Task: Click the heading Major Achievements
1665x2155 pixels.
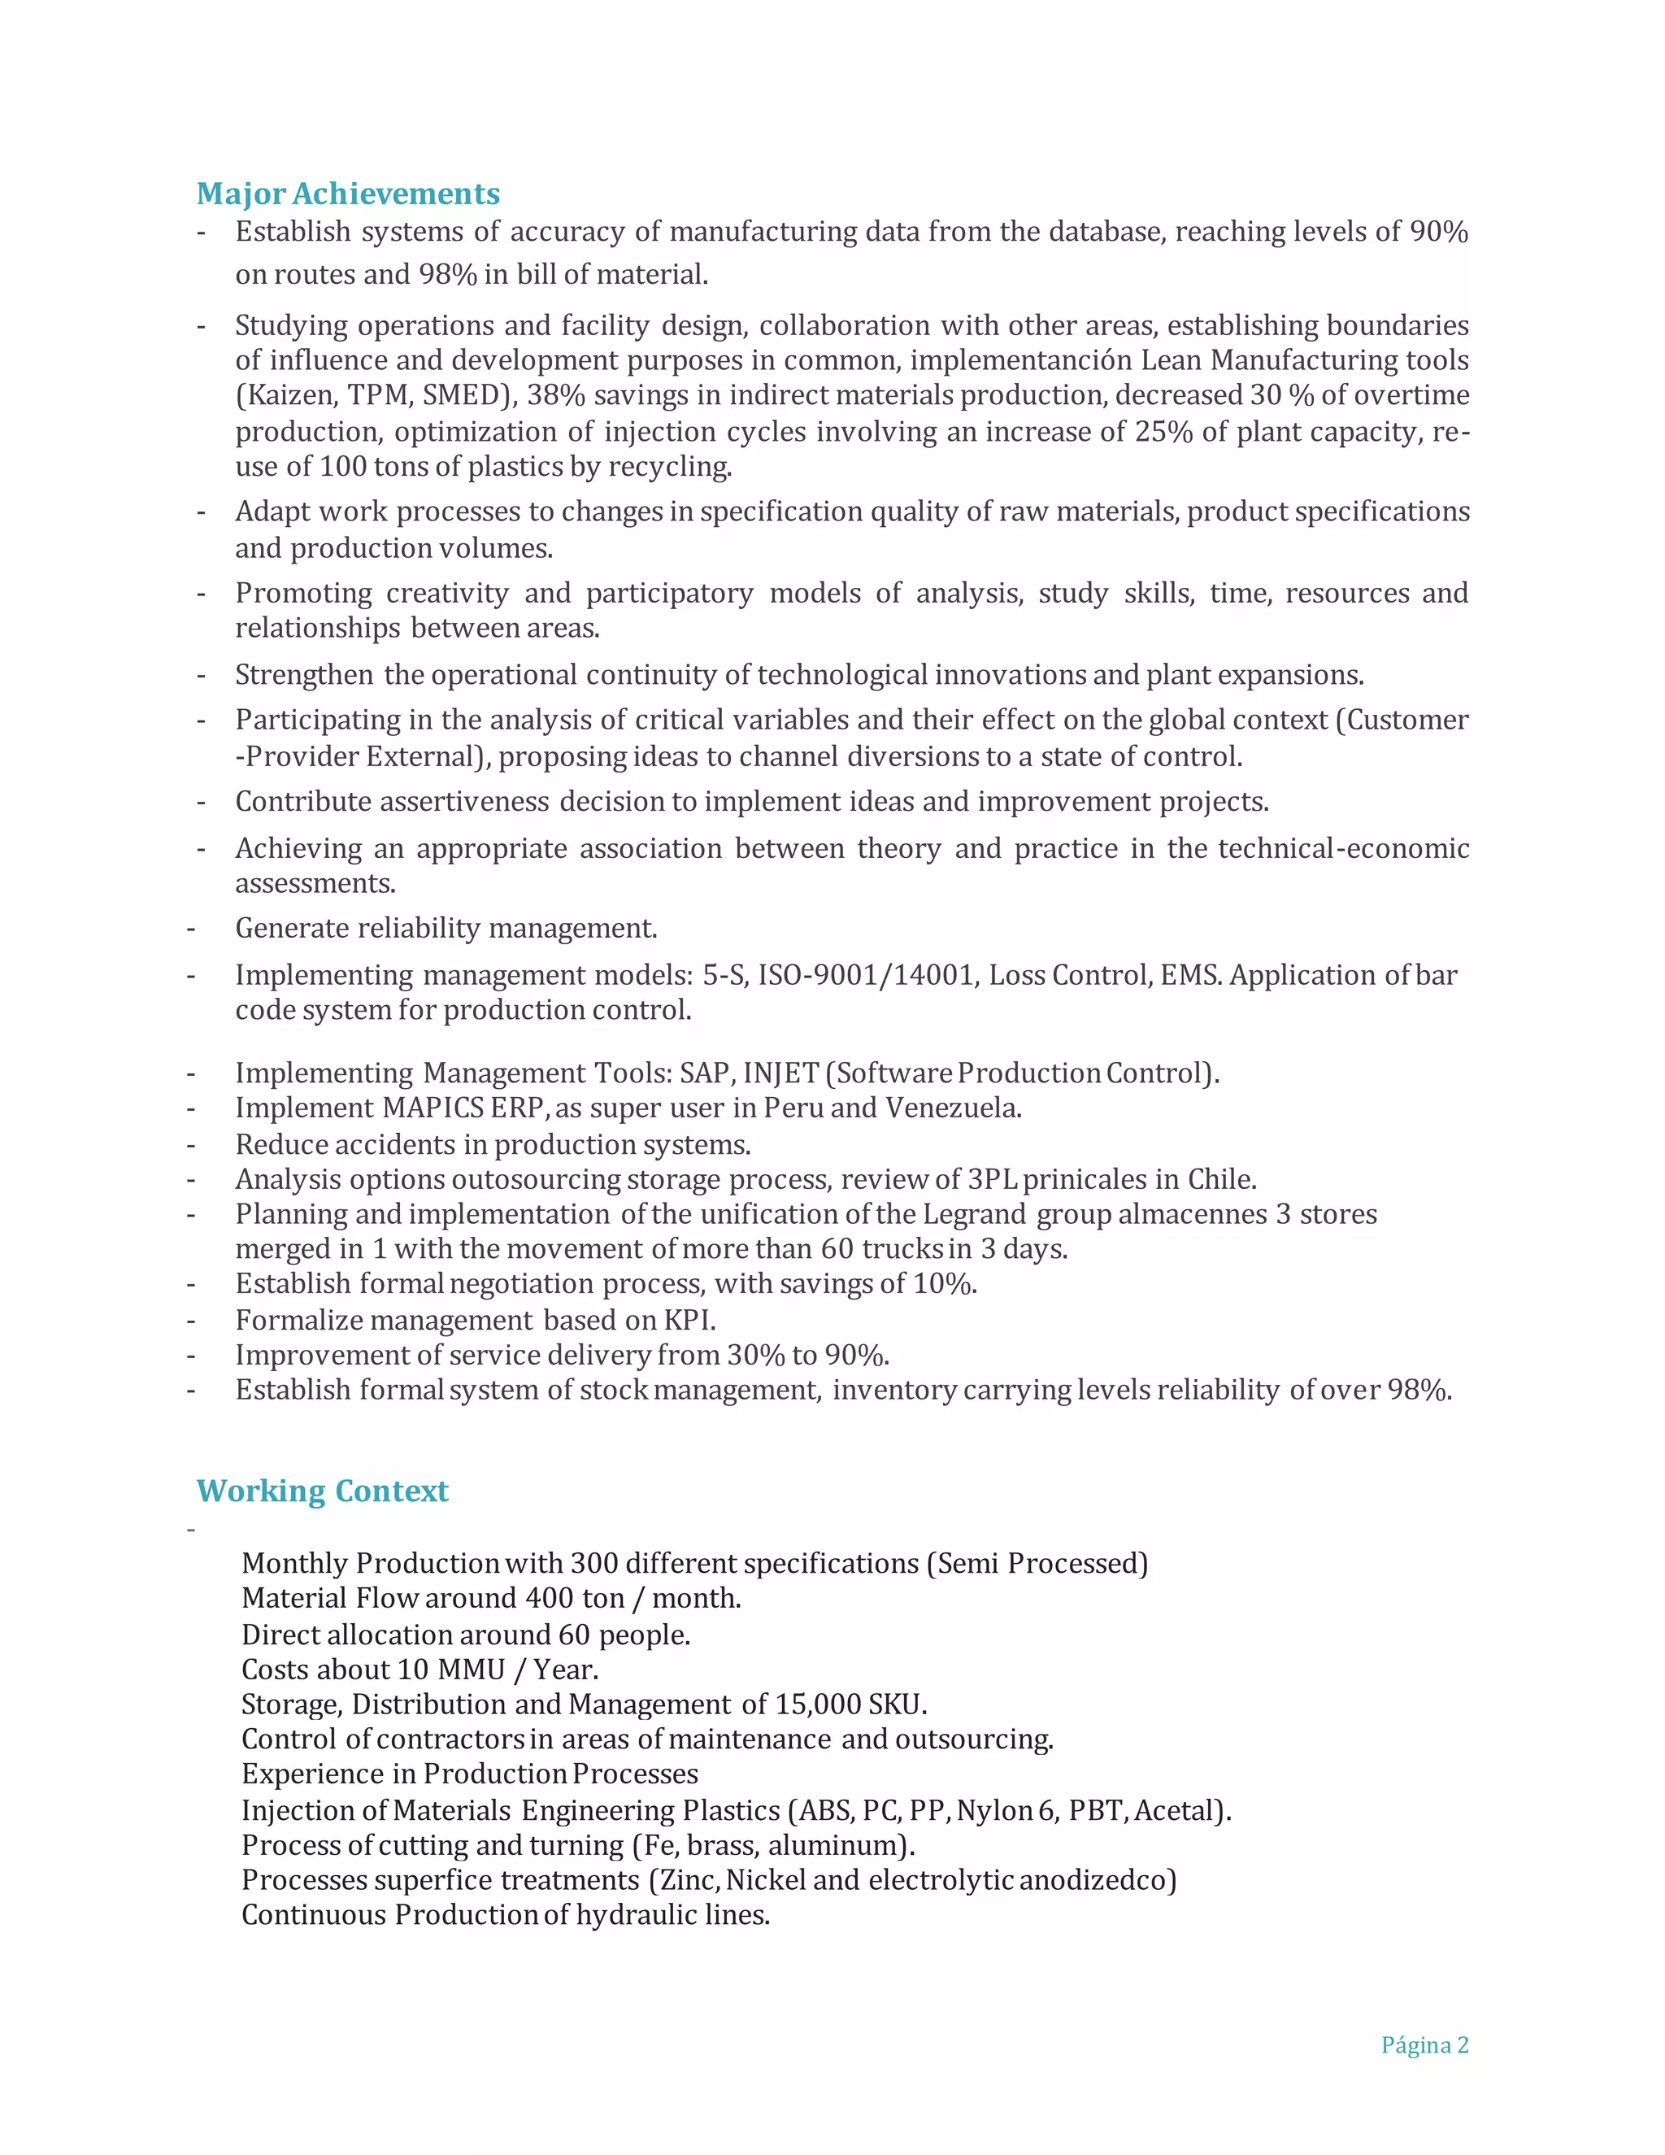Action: pos(347,194)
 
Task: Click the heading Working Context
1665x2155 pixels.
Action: pos(322,1490)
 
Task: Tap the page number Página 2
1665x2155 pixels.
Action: pos(1424,2044)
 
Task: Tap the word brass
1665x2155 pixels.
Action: pos(722,1845)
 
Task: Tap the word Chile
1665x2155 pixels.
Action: pos(1220,1179)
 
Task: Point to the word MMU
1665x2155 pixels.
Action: pos(471,1670)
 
